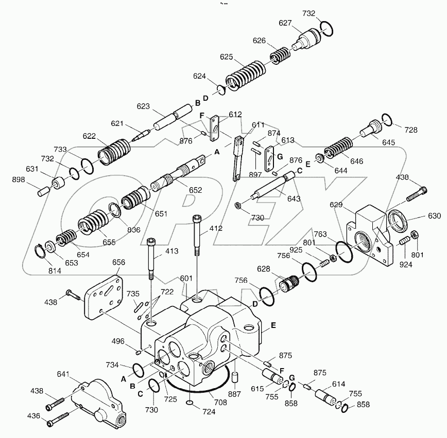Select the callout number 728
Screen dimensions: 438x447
(410, 130)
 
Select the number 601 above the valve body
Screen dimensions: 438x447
(186, 278)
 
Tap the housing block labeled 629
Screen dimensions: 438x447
(370, 234)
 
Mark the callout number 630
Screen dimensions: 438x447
(434, 216)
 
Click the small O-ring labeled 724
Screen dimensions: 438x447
(190, 401)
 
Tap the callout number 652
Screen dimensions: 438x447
(195, 190)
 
